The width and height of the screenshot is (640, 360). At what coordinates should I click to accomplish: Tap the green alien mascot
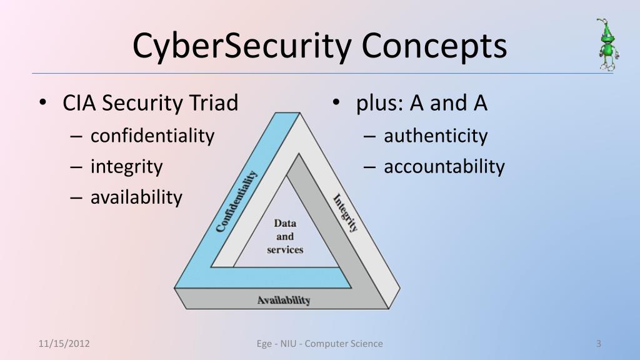606,45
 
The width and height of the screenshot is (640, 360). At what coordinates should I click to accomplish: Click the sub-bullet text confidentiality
152,136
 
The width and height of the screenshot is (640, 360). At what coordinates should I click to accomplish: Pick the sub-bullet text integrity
126,167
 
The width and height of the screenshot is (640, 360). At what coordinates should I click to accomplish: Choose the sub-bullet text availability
136,197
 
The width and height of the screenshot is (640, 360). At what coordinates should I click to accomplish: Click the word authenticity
436,136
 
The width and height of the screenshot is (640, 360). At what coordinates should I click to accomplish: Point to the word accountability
444,167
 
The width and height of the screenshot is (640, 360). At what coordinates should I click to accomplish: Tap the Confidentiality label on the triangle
236,201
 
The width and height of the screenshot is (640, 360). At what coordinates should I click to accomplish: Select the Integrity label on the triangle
346,213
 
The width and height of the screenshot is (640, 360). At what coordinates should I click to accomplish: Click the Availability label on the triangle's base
284,300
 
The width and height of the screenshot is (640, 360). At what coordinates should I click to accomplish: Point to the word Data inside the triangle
285,223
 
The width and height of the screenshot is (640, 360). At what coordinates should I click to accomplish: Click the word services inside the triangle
285,249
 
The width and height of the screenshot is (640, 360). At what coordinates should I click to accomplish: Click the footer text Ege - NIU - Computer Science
320,343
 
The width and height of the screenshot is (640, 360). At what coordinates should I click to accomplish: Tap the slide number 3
599,343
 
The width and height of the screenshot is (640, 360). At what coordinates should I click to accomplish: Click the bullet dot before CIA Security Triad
42,103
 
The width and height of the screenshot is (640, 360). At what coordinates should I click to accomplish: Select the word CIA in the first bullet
79,103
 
